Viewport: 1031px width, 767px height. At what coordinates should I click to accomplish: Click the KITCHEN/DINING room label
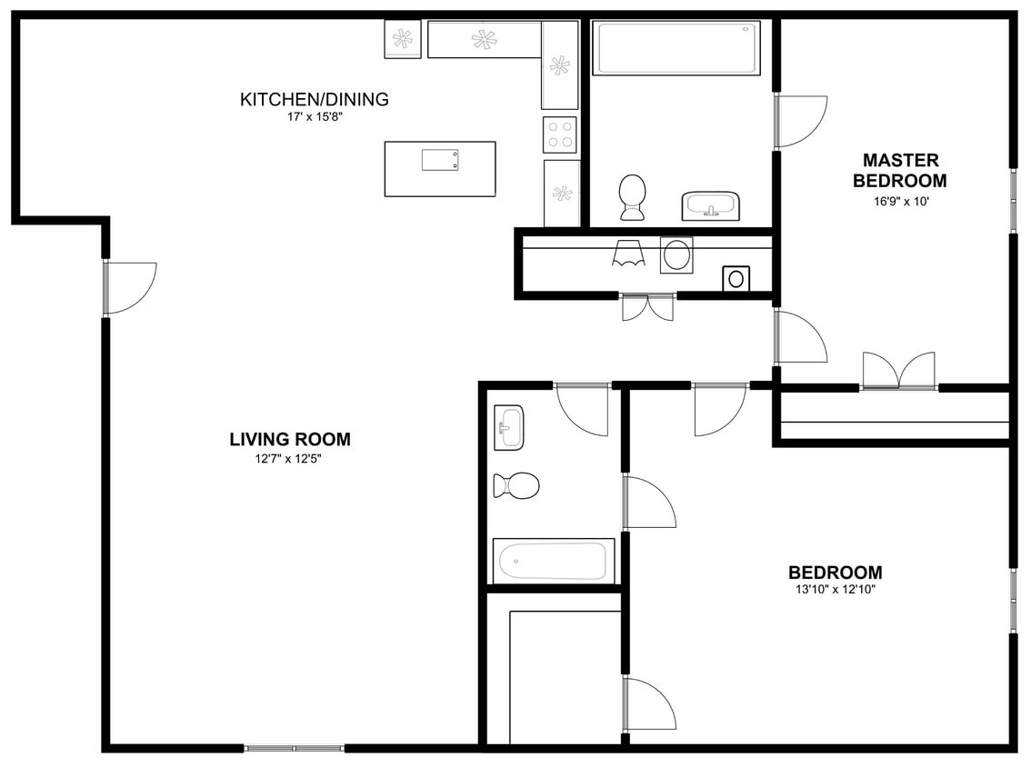314,99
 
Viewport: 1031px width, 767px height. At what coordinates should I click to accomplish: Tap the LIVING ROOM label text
289,440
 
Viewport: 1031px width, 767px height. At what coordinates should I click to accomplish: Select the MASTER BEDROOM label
899,170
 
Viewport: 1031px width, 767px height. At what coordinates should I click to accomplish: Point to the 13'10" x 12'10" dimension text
834,590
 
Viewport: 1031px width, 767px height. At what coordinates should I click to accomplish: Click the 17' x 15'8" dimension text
314,116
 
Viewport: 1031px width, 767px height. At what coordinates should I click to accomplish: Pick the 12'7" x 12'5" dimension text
289,459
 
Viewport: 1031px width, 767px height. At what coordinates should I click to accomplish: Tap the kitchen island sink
440,160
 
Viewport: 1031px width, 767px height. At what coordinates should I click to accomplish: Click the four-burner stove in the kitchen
561,134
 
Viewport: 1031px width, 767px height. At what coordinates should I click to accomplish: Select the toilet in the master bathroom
632,196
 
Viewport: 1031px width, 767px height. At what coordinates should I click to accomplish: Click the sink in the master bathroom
710,206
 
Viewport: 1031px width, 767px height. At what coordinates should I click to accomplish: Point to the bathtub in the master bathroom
676,48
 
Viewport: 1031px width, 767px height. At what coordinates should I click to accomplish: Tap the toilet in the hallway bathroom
515,485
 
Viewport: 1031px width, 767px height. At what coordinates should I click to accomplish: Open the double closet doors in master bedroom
898,371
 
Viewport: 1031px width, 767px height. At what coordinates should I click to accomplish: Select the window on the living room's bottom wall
294,748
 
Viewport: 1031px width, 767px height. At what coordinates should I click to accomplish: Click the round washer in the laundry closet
676,254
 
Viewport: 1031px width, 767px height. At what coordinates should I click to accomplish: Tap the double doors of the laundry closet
647,306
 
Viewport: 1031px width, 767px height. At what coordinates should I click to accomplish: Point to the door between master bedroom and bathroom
799,121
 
